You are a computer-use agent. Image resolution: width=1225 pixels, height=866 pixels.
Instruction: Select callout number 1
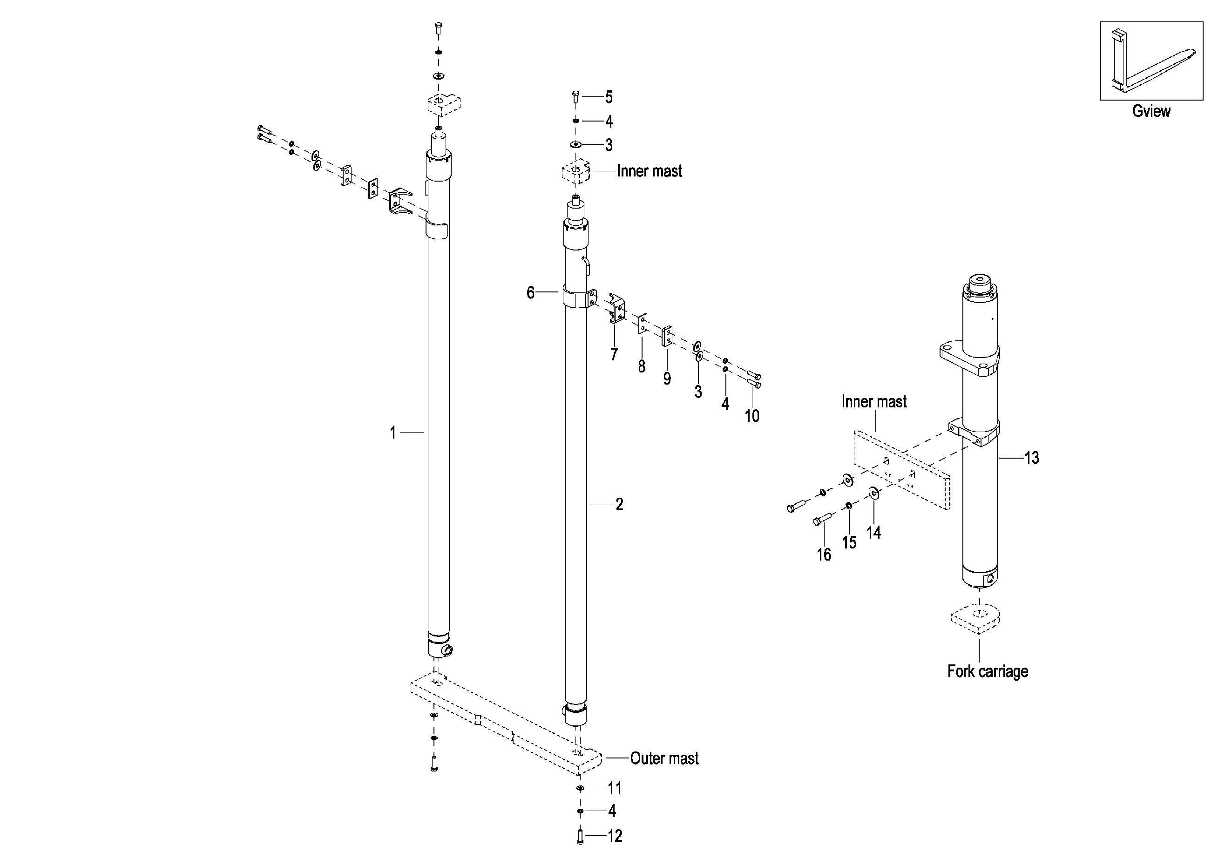(x=393, y=432)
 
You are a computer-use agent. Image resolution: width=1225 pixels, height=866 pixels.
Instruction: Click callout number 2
(x=619, y=504)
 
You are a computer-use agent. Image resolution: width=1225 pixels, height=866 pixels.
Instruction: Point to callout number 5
(x=609, y=97)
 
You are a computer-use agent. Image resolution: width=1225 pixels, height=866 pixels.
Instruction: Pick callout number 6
(x=530, y=292)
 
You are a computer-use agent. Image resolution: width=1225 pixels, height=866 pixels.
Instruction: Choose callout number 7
(x=614, y=354)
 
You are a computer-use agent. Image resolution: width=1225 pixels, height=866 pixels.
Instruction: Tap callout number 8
(x=641, y=366)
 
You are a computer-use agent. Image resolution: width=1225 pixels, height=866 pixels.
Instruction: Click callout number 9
(x=667, y=379)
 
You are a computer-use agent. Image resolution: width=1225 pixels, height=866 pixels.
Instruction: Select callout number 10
(x=752, y=416)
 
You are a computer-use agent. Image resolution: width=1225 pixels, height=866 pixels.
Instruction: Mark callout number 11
(x=615, y=788)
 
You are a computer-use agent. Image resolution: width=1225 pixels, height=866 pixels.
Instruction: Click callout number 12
(x=615, y=836)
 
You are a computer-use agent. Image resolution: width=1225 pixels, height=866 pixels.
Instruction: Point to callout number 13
(x=1032, y=458)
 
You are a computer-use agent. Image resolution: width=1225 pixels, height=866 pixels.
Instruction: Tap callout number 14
(x=873, y=532)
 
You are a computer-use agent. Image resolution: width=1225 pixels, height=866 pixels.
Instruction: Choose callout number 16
(x=824, y=555)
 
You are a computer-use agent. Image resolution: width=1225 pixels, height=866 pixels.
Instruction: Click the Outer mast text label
(x=664, y=758)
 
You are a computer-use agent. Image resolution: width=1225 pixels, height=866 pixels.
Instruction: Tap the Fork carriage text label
(x=988, y=671)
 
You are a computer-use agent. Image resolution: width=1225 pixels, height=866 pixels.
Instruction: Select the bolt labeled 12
(x=580, y=836)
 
